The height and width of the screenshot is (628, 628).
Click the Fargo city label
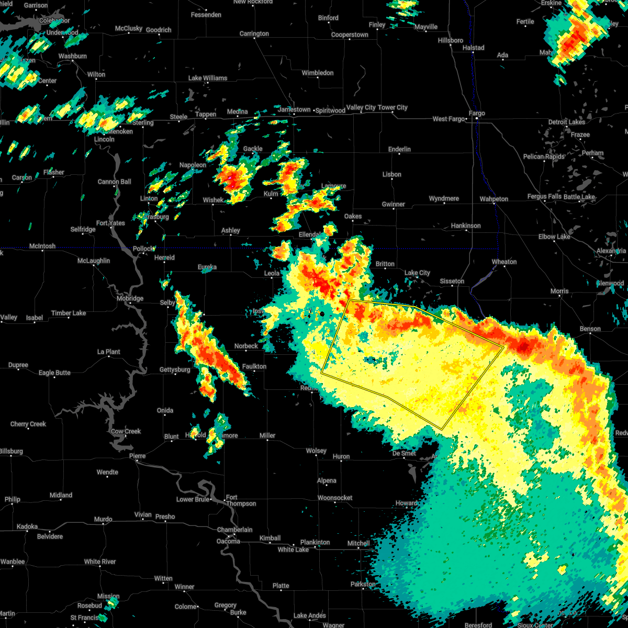(x=477, y=114)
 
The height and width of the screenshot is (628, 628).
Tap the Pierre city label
(x=137, y=456)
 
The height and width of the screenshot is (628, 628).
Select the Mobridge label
(x=130, y=299)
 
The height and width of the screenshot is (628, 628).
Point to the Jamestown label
(x=295, y=110)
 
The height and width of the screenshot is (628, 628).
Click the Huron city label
(x=341, y=457)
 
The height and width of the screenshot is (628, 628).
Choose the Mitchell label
(x=358, y=544)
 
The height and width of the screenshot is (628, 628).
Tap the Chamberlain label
(x=235, y=530)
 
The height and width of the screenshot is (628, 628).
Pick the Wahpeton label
(x=494, y=199)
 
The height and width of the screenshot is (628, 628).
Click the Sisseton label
(x=452, y=282)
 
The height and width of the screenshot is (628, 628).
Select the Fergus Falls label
(x=544, y=197)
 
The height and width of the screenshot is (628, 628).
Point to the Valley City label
(x=361, y=108)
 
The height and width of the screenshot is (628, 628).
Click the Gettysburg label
(x=175, y=370)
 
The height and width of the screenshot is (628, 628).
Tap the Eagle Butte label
(x=54, y=373)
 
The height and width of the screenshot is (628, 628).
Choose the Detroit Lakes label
(x=566, y=122)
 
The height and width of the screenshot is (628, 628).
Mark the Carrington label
(x=254, y=34)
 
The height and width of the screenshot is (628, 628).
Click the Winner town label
(x=184, y=587)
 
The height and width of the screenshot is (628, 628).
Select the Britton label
(x=385, y=264)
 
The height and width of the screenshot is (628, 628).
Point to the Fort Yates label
(x=110, y=223)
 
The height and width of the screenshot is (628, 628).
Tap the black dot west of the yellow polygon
(x=322, y=313)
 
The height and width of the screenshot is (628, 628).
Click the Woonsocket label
(x=335, y=498)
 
